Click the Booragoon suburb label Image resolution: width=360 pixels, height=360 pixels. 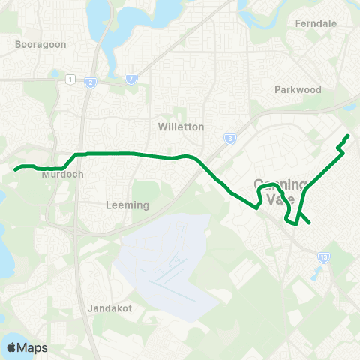(x=40, y=44)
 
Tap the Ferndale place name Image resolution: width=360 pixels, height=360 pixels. (x=316, y=23)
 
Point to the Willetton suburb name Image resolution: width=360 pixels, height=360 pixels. (x=181, y=127)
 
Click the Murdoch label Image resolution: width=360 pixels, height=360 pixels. (x=61, y=174)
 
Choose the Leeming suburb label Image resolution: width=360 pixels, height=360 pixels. (x=128, y=205)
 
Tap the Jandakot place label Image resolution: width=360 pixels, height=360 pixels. (x=109, y=307)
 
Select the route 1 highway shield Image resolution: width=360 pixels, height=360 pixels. (x=70, y=78)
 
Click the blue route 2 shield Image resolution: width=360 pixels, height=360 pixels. (x=90, y=82)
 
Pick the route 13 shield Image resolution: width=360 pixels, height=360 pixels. (x=322, y=256)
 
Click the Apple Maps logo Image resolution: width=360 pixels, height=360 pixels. (x=27, y=347)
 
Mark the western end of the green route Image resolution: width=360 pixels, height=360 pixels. (x=15, y=169)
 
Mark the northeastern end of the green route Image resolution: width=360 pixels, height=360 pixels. (x=348, y=136)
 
